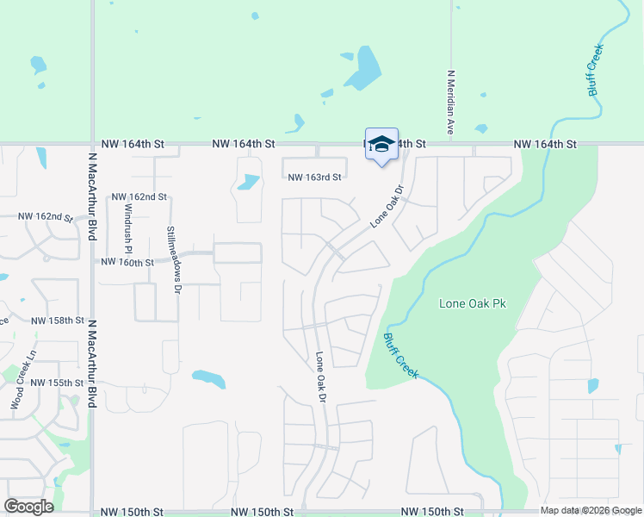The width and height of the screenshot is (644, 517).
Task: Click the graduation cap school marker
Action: tap(381, 144)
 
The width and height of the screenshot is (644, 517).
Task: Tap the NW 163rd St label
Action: tap(315, 177)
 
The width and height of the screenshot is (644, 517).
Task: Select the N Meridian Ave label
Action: tap(449, 102)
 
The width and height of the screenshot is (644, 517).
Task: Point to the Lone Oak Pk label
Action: tap(471, 303)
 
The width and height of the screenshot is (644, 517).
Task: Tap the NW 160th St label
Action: tap(127, 262)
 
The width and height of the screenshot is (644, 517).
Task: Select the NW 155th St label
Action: tap(57, 382)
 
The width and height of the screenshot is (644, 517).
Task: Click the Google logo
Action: tap(28, 507)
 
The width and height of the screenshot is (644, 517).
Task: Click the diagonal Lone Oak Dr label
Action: tap(387, 207)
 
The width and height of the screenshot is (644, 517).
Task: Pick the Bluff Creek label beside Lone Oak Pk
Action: tap(400, 355)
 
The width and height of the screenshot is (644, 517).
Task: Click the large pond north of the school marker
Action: tap(365, 68)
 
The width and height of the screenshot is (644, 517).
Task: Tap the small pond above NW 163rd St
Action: tap(247, 182)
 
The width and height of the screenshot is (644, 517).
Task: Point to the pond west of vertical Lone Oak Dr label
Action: tap(209, 378)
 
